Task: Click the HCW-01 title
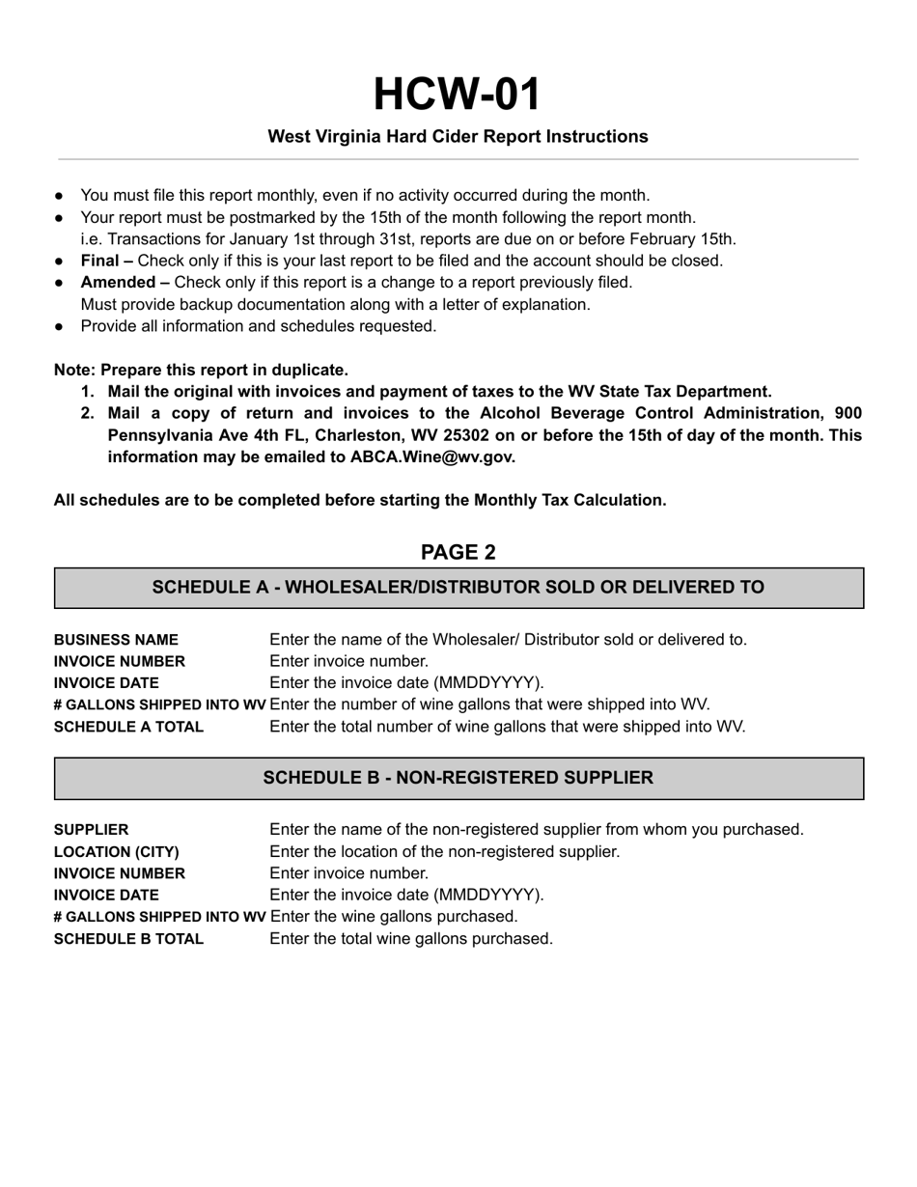coord(458,95)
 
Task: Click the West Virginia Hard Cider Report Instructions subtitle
coord(458,137)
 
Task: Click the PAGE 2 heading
coord(458,552)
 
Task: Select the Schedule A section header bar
coord(458,588)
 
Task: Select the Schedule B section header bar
coord(458,778)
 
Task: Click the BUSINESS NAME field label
coord(116,640)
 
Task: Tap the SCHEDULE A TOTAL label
coord(128,727)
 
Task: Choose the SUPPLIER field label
coord(91,830)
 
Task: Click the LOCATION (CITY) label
coord(116,852)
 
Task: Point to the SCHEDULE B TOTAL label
coord(128,939)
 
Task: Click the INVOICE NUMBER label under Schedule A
coord(119,662)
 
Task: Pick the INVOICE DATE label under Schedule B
coord(106,896)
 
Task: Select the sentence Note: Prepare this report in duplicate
coord(201,370)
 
